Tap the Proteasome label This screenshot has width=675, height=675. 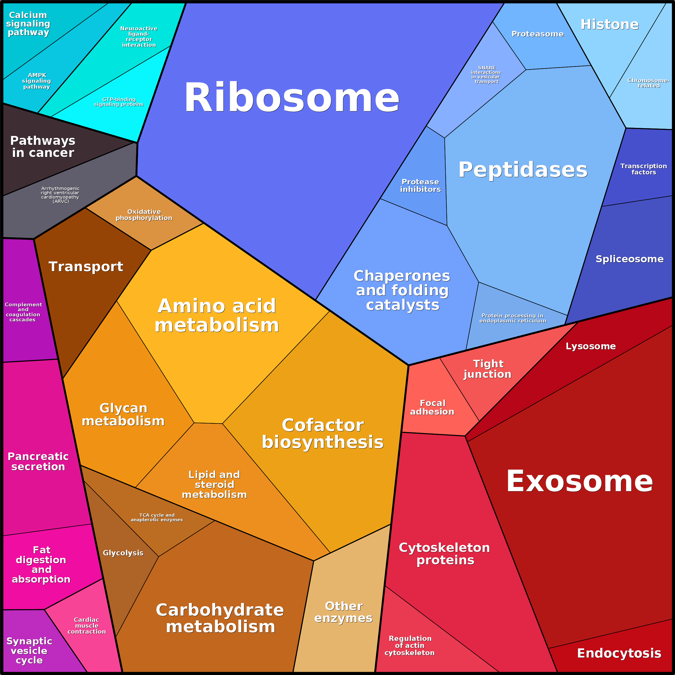click(x=537, y=34)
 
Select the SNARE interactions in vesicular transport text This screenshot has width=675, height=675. click(x=486, y=75)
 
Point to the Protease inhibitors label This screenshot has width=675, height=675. click(x=420, y=185)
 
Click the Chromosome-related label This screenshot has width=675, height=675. click(x=648, y=83)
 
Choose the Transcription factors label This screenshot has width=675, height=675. click(x=644, y=169)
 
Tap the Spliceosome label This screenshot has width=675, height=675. click(x=629, y=259)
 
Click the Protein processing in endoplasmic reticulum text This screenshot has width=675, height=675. click(x=512, y=318)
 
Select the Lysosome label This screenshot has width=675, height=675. click(x=590, y=346)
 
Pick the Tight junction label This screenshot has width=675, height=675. click(x=488, y=369)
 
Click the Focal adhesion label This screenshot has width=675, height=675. click(x=432, y=407)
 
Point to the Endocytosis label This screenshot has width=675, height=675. click(x=619, y=653)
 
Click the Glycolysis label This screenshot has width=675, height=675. click(x=123, y=553)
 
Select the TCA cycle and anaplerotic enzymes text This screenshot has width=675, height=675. click(x=157, y=518)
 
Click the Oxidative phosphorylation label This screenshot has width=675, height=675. click(x=144, y=215)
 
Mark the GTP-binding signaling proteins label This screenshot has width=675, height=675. click(x=119, y=102)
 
